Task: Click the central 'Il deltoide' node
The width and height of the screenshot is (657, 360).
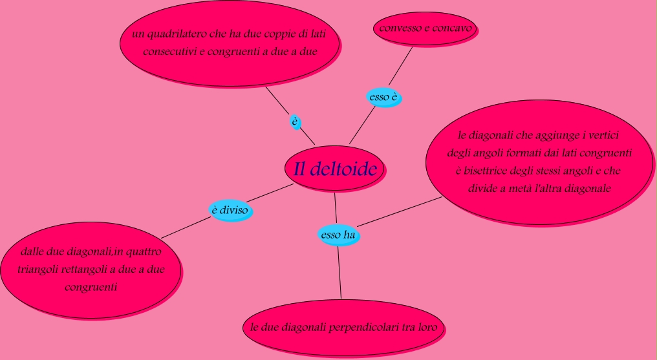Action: [x=335, y=169]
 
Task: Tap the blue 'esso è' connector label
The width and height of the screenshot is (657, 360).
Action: [x=383, y=98]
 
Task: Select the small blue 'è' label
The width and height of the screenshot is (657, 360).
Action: [x=295, y=121]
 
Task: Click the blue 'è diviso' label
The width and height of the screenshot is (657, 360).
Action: [x=230, y=210]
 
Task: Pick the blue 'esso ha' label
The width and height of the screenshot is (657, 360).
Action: [x=339, y=235]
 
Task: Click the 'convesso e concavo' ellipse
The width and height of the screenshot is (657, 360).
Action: [x=425, y=28]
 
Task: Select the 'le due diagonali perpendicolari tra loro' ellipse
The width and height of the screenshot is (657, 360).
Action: [x=344, y=327]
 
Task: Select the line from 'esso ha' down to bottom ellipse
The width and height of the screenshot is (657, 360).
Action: [x=339, y=271]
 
